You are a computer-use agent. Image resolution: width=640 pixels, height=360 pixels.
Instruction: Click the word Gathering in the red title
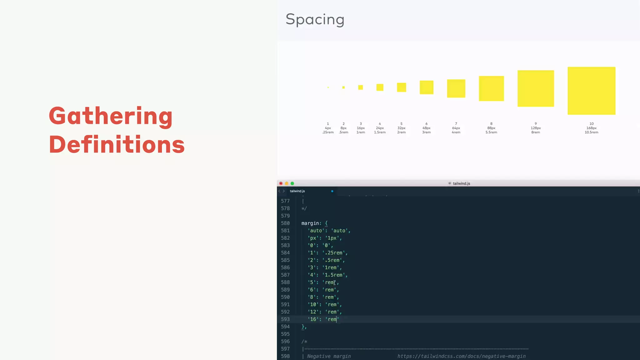[x=111, y=116]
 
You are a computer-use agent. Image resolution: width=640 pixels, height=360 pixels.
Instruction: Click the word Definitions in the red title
[x=117, y=145]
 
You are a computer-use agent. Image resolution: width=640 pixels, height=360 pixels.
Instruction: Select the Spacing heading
[x=315, y=20]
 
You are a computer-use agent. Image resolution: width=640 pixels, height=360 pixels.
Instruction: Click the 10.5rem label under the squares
[x=591, y=132]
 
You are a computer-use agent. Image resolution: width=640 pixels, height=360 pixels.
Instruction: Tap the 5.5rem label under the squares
[x=491, y=132]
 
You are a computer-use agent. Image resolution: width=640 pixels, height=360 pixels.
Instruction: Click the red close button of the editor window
[x=281, y=183]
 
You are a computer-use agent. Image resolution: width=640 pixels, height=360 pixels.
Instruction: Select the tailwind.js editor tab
[x=297, y=191]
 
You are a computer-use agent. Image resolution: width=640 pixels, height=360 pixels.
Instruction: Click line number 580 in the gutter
[x=285, y=223]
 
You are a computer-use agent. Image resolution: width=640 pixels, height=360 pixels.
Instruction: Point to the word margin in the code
[x=310, y=223]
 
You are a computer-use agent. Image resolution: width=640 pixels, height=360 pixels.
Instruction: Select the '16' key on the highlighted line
[x=313, y=319]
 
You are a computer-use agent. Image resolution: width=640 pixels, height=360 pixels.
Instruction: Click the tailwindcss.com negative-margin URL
[x=461, y=356]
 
